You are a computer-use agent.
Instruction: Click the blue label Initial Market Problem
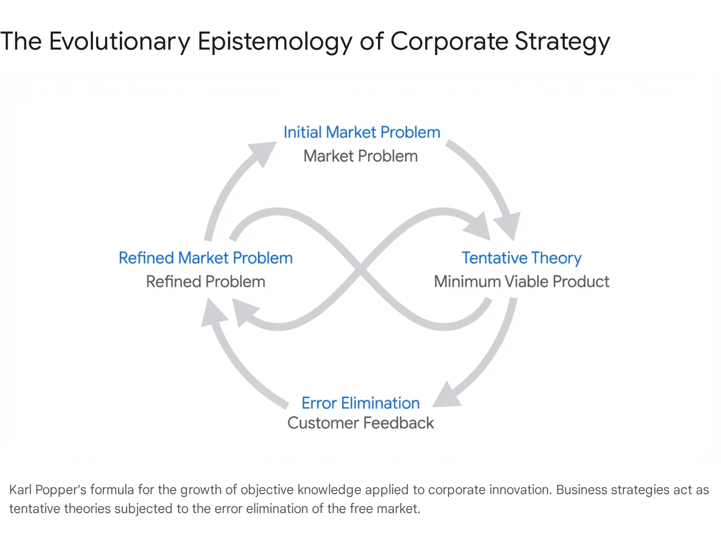coord(361,133)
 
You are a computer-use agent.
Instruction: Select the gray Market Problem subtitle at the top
coord(360,156)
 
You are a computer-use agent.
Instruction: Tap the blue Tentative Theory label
coord(521,258)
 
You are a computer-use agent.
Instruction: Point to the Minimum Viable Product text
coord(521,282)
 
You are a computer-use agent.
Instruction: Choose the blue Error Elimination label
coord(360,403)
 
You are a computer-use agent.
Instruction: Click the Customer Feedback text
coord(360,423)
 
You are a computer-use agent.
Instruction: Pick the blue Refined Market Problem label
coord(205,258)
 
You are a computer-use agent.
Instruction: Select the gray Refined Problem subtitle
coord(205,282)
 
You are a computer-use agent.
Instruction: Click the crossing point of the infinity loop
coord(360,270)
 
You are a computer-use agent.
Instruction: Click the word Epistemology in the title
coord(275,41)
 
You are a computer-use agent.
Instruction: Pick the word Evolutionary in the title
coord(119,41)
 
